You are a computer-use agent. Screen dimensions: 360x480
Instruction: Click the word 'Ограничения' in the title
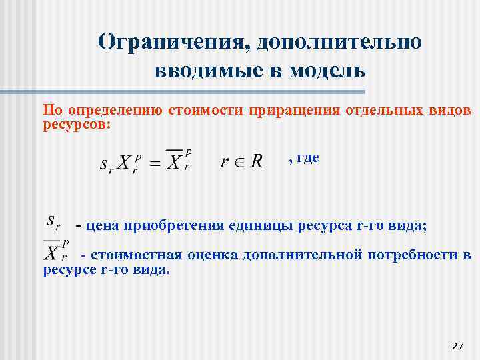coord(170,42)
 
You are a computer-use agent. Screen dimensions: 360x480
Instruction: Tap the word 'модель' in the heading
coord(327,70)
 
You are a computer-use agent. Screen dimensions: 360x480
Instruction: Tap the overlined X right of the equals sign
coord(175,161)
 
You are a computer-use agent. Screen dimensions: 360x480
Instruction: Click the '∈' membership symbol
coord(237,162)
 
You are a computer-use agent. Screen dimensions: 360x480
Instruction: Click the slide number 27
coord(457,345)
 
